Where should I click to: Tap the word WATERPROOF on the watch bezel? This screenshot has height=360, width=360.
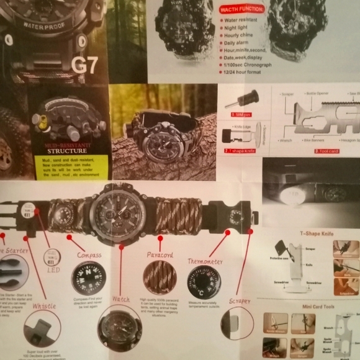[x=45, y=25]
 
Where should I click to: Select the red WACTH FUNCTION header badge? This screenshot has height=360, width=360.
[x=242, y=9]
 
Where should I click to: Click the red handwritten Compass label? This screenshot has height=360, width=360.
[x=89, y=255]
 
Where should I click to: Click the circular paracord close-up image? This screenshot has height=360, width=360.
[x=160, y=277]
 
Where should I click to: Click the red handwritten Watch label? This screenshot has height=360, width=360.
[x=120, y=299]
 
